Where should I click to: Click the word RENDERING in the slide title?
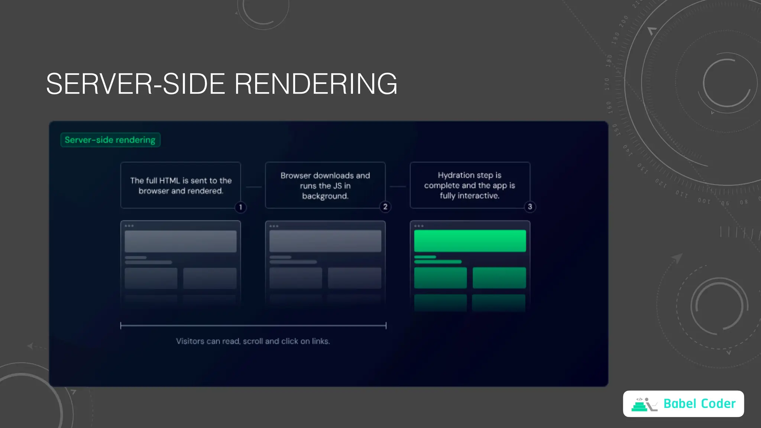click(x=316, y=84)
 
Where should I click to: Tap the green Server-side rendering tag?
click(x=110, y=140)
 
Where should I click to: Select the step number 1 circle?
click(x=240, y=207)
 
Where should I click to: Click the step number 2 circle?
click(x=385, y=207)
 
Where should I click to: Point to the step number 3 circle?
click(x=530, y=207)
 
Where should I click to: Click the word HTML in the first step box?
click(x=169, y=181)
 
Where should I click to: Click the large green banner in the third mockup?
click(x=470, y=241)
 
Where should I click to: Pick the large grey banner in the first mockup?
click(x=181, y=241)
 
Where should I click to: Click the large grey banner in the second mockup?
click(x=325, y=241)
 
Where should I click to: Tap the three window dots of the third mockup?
click(x=419, y=226)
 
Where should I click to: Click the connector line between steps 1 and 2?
click(x=253, y=187)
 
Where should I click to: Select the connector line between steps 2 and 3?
click(x=398, y=187)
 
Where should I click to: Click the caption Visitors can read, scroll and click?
click(x=253, y=341)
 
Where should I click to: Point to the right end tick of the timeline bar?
click(x=386, y=326)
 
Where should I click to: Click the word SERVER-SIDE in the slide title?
click(x=136, y=84)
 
